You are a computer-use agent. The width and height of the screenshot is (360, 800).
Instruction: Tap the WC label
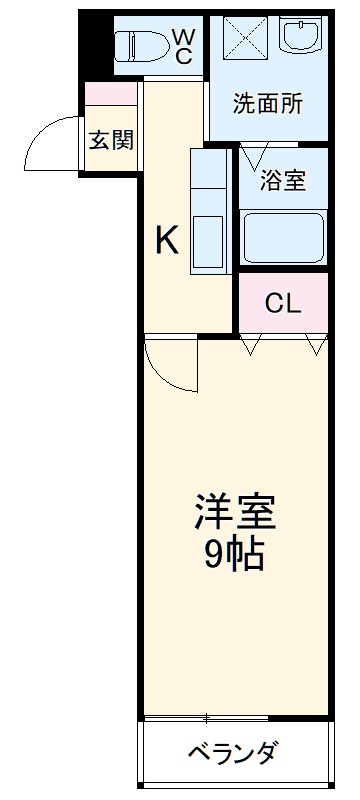[184, 46]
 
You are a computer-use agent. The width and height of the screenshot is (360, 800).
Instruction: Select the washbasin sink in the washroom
[301, 38]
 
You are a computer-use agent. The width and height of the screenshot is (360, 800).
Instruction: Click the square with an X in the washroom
[243, 39]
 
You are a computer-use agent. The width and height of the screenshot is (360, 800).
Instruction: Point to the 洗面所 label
[268, 104]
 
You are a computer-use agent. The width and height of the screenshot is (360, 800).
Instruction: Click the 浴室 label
[282, 183]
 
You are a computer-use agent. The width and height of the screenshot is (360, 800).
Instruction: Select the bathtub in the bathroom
[283, 235]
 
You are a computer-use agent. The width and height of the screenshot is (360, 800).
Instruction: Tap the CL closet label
[283, 304]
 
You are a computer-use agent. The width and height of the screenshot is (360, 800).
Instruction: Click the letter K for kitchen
[166, 240]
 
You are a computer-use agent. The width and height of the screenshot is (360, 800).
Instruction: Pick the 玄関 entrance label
[111, 140]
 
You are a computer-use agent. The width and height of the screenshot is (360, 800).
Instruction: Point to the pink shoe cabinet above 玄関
[111, 94]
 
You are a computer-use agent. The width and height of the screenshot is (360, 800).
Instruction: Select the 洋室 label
[234, 512]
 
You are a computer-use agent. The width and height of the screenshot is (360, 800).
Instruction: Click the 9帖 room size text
[234, 553]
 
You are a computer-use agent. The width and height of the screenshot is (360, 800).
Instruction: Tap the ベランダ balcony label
[232, 752]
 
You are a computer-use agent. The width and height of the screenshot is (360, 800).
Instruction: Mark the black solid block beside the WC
[95, 42]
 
